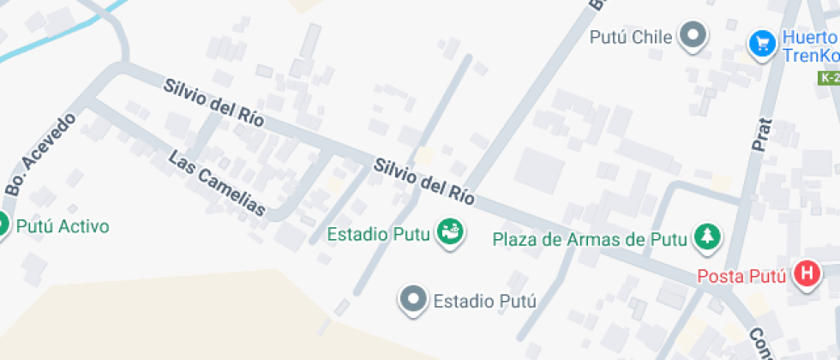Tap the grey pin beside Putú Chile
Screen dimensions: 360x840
click(x=693, y=36)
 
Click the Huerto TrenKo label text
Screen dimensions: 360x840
click(x=809, y=47)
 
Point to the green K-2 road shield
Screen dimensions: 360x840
click(x=829, y=78)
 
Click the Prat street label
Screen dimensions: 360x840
click(x=761, y=135)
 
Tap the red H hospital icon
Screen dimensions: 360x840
click(x=806, y=274)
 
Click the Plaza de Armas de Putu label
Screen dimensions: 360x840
click(x=590, y=239)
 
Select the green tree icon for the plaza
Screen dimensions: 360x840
click(x=708, y=237)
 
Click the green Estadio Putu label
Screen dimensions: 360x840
click(x=378, y=234)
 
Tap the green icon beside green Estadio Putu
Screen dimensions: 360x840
click(x=449, y=232)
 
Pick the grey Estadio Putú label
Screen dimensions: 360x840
click(x=484, y=301)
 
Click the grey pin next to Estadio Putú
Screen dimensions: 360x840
click(x=414, y=299)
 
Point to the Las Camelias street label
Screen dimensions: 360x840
click(x=217, y=183)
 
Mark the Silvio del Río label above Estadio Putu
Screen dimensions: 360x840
click(x=423, y=180)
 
